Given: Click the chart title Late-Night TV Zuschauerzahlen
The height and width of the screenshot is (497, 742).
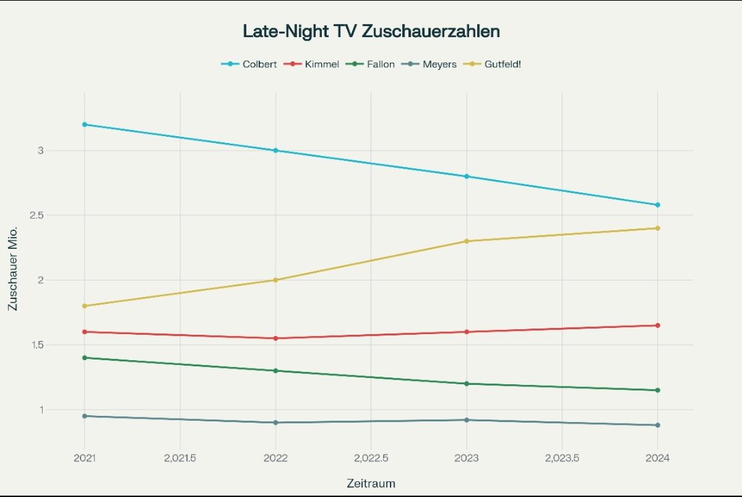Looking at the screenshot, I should click(x=371, y=31).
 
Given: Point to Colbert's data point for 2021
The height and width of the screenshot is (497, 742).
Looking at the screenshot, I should click(x=85, y=124).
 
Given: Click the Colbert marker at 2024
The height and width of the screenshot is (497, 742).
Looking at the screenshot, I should click(x=657, y=205).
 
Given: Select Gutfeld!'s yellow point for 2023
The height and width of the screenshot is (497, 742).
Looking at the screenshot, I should click(x=466, y=241).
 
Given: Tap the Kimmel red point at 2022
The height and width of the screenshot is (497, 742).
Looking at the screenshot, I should click(x=276, y=338).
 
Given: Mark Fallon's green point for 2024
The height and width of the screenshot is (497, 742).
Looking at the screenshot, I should click(x=657, y=390).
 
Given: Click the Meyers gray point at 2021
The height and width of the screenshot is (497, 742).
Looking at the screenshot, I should click(x=85, y=416).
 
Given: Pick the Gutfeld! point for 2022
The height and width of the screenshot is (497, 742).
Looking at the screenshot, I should click(x=276, y=280).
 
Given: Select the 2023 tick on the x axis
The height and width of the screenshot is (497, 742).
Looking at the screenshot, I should click(x=467, y=458).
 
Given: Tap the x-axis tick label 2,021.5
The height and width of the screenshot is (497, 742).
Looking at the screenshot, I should click(x=179, y=458).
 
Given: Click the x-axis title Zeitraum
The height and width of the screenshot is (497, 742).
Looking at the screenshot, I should click(x=371, y=483).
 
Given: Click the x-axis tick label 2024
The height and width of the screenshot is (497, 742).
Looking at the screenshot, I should click(x=657, y=458).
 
